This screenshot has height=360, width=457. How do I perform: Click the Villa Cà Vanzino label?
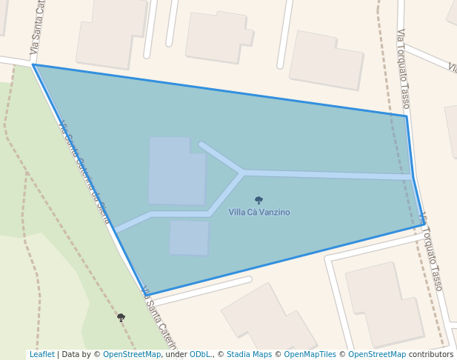(x=259, y=213)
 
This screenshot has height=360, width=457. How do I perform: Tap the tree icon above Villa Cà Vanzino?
(x=258, y=200)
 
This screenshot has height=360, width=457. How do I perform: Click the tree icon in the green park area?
(x=121, y=317)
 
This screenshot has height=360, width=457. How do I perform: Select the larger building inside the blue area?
(x=176, y=172)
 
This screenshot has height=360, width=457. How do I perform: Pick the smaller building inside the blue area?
(x=189, y=238)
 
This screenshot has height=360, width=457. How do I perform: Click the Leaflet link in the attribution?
(x=42, y=355)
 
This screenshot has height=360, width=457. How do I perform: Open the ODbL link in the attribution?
(x=200, y=355)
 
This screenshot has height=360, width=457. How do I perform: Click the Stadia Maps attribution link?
(x=249, y=355)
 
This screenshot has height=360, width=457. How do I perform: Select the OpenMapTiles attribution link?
(x=310, y=355)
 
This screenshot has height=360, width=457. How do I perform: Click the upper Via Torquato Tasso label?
(x=404, y=68)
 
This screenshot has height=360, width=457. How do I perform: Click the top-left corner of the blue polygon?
(x=33, y=65)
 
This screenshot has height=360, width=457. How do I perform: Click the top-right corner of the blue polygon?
(x=406, y=116)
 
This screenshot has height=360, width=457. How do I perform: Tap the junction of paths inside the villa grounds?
(x=242, y=173)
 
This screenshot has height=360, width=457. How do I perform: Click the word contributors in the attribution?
(x=431, y=355)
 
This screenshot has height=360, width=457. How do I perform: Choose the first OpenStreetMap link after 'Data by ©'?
(x=132, y=355)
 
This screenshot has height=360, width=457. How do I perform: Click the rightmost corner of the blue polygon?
(x=424, y=224)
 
